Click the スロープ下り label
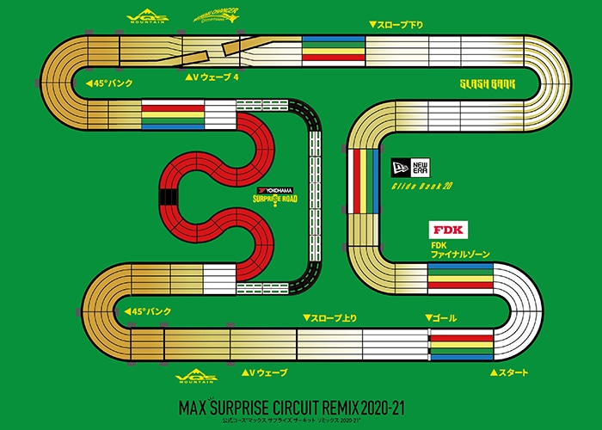399,25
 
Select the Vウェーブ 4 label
215,77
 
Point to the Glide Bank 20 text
422,185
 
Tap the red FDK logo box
445,231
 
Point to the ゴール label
441,318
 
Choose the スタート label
513,372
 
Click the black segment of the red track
165,198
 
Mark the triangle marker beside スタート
494,373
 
